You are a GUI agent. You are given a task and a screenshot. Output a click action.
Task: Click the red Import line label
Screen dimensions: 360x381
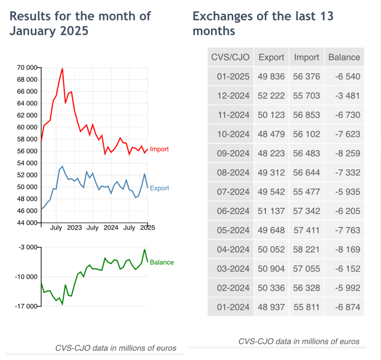tap(159, 149)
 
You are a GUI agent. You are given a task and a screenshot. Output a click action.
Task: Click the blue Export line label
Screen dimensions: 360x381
tap(159, 188)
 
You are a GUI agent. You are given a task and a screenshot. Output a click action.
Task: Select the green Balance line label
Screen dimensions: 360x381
tap(162, 262)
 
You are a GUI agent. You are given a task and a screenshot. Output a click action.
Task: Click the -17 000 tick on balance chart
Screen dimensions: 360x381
tap(27, 306)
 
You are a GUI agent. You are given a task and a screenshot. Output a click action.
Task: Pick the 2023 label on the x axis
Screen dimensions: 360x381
tap(74, 227)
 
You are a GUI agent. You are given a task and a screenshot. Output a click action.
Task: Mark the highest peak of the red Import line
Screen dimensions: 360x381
tap(62, 69)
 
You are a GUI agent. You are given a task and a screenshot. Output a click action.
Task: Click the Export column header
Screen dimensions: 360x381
tap(271, 57)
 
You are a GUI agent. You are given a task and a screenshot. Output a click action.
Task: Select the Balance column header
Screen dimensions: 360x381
tap(344, 57)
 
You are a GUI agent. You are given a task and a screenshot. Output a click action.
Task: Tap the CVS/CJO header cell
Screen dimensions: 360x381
tap(230, 57)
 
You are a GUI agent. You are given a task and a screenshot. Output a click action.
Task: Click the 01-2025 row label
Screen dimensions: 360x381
tap(233, 77)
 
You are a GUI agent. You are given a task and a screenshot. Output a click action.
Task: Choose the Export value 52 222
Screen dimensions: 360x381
tap(271, 96)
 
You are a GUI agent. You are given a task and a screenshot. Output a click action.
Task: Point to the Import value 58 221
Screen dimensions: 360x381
tap(307, 249)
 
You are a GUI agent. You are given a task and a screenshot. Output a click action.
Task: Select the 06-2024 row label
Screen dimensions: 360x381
tap(233, 211)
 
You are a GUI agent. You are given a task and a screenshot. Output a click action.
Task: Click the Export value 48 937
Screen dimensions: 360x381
tap(271, 307)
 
